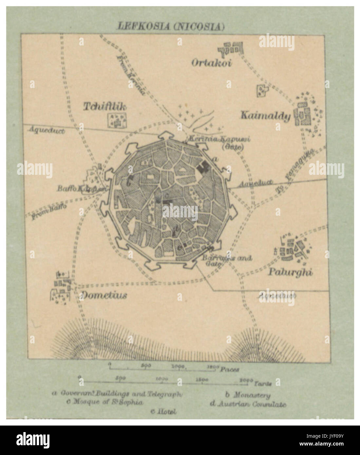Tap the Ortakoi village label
pyautogui.click(x=211, y=62)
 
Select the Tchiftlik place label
pyautogui.click(x=104, y=106)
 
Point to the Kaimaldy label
pyautogui.click(x=266, y=116)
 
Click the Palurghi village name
pyautogui.click(x=290, y=272)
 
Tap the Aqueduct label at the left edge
pyautogui.click(x=47, y=130)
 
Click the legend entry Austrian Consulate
pyautogui.click(x=248, y=404)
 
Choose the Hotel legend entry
pyautogui.click(x=163, y=411)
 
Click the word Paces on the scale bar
pyautogui.click(x=229, y=369)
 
